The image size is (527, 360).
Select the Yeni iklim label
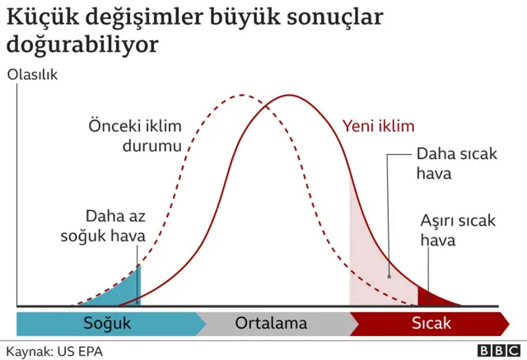pyautogui.click(x=378, y=127)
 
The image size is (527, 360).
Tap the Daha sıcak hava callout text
pyautogui.click(x=456, y=164)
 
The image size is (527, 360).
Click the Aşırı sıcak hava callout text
pyautogui.click(x=458, y=231)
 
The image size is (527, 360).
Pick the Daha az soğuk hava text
pyautogui.click(x=104, y=226)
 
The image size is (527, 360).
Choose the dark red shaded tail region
pyautogui.click(x=431, y=297)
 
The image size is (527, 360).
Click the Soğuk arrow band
pyautogui.click(x=108, y=324)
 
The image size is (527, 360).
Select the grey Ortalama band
pyautogui.click(x=271, y=324)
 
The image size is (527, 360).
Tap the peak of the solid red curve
pyautogui.click(x=290, y=96)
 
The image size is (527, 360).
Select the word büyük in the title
pyautogui.click(x=235, y=17)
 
